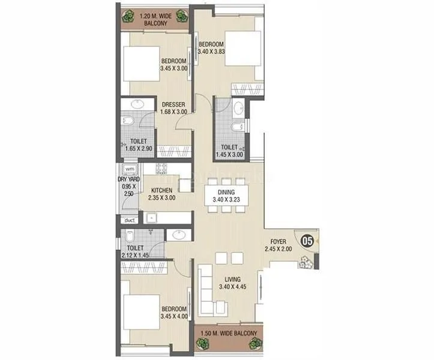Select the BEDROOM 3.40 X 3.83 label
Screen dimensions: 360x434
211,48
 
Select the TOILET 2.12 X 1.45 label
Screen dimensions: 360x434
134,251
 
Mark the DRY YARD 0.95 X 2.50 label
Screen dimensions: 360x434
129,187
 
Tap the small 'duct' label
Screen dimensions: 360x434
130,220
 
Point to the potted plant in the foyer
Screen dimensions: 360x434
307,262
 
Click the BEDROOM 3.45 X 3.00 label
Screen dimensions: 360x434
173,65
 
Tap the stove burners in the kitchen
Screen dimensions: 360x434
162,169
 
